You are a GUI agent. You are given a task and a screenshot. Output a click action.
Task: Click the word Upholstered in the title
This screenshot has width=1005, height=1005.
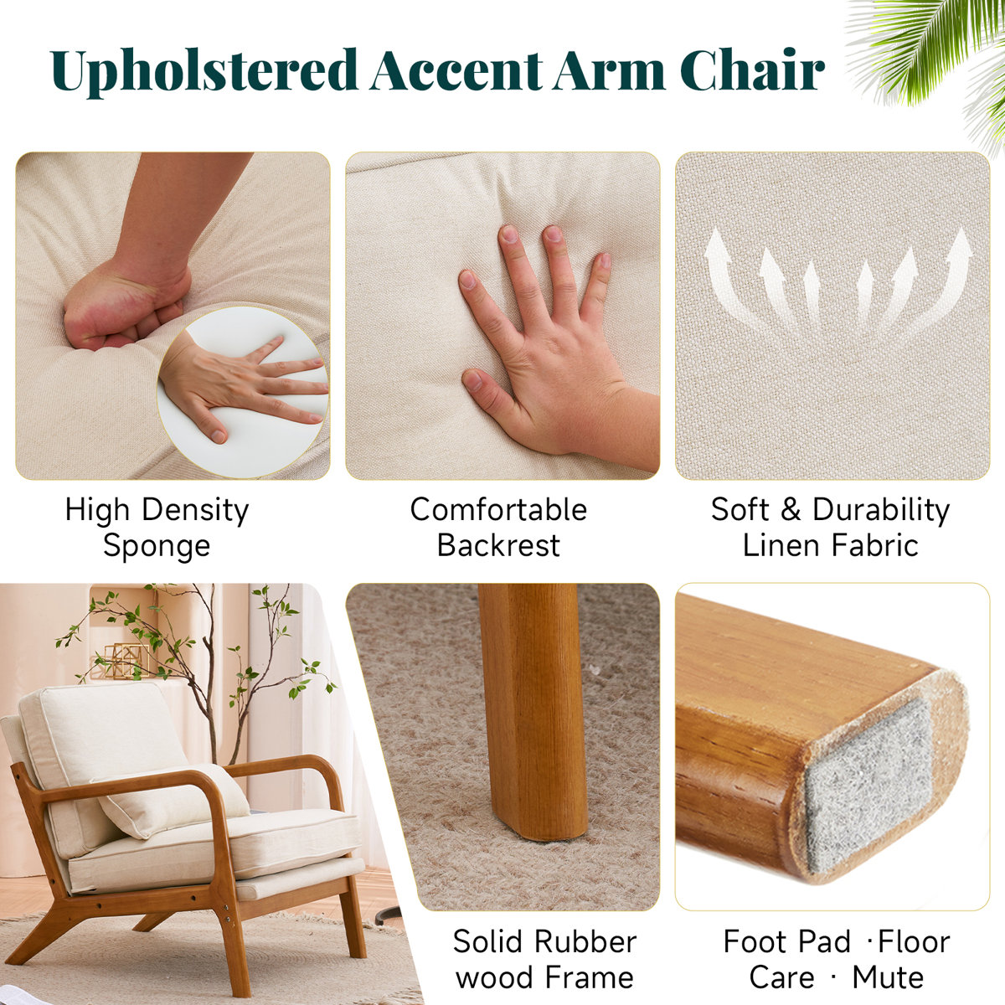point(204,71)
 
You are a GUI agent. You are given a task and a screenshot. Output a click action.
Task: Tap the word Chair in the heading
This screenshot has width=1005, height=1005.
point(752,70)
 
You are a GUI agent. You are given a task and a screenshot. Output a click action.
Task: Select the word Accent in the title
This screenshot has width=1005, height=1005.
point(456,70)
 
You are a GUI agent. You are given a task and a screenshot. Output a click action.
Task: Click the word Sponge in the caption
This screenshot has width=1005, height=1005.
point(157,547)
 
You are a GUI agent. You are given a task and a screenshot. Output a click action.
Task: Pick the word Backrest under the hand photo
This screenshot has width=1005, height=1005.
point(498,545)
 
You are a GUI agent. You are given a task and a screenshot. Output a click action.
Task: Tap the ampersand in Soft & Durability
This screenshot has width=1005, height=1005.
point(791,509)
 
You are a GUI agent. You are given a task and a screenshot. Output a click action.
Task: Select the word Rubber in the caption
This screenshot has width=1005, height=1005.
point(585,942)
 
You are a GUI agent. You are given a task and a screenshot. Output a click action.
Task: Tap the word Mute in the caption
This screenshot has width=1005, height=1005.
point(888,977)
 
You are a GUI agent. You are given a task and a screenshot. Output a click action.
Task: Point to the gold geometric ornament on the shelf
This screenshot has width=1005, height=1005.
point(124,662)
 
